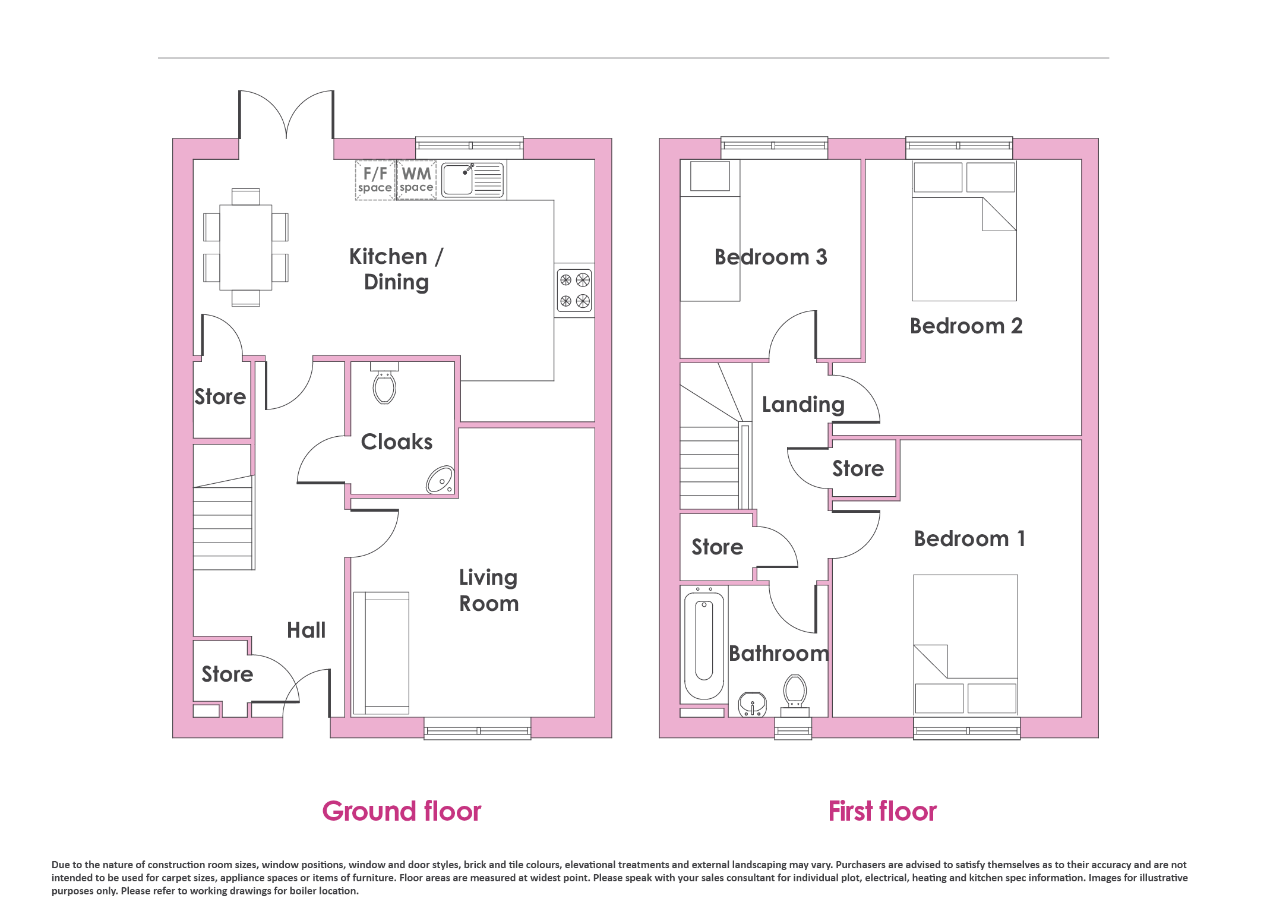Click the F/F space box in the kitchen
click(x=375, y=180)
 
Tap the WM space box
click(x=416, y=180)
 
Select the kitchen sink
click(x=473, y=179)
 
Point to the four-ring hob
click(x=574, y=290)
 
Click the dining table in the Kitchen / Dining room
click(x=246, y=247)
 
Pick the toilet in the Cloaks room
click(x=384, y=383)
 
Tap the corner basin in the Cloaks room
click(x=440, y=480)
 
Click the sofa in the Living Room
click(x=381, y=652)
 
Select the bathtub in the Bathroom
click(x=704, y=644)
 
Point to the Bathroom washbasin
click(x=752, y=704)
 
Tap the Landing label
click(x=803, y=405)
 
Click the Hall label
click(x=307, y=630)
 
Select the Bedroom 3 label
click(x=770, y=257)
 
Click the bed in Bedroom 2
click(x=964, y=231)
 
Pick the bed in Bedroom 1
click(x=966, y=645)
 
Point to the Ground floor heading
click(x=402, y=811)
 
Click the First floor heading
click(x=883, y=811)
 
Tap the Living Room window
click(x=478, y=729)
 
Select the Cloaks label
click(x=397, y=442)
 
